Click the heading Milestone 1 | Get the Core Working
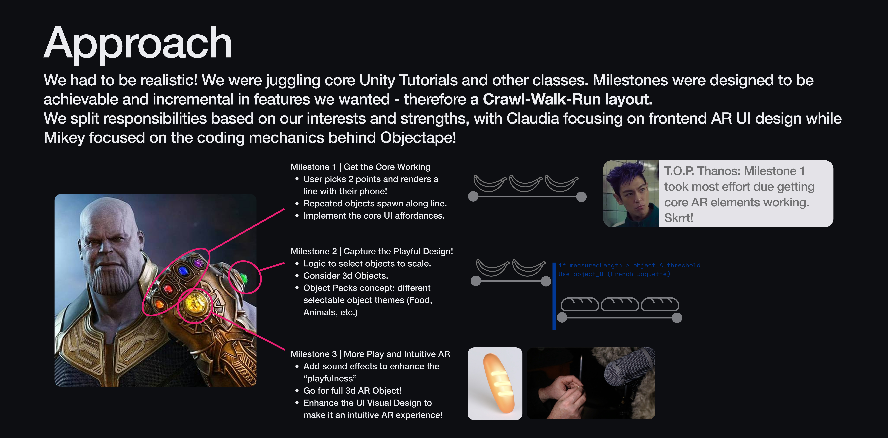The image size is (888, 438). coord(360,167)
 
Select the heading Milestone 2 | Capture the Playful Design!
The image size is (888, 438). coord(372,251)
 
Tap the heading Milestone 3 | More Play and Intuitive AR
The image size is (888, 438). coord(370,354)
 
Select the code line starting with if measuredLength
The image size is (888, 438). coord(629,265)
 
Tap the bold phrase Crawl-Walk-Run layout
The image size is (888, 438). coord(567,99)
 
